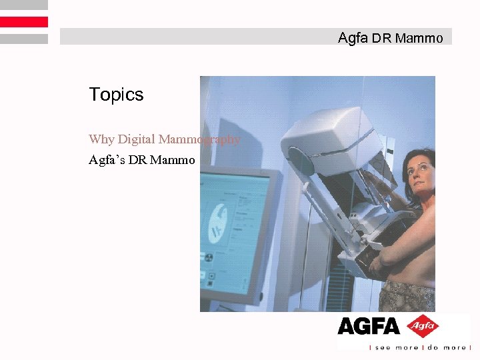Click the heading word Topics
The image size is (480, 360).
(116, 95)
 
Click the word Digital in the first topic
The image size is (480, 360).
(137, 139)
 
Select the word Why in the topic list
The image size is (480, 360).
(101, 139)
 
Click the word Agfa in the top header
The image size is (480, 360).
(353, 38)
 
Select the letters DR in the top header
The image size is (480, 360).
(381, 39)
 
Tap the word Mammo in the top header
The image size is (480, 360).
(419, 39)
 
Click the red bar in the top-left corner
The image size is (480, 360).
(24, 22)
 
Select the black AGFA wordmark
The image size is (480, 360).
(368, 327)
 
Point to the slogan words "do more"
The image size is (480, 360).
(446, 347)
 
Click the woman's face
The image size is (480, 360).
(419, 177)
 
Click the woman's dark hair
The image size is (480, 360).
(424, 157)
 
